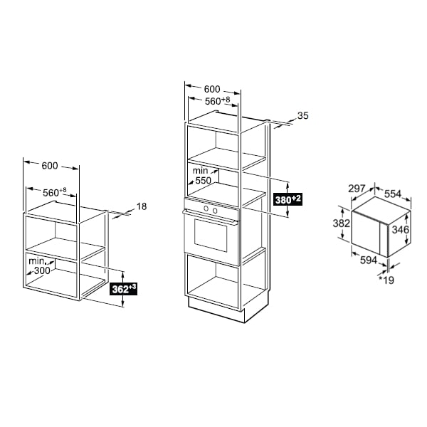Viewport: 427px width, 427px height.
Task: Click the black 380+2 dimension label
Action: point(288,199)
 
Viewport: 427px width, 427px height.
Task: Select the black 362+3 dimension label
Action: point(123,289)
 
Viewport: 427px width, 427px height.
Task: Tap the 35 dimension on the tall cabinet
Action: point(303,115)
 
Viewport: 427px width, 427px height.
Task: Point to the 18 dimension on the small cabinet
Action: point(142,206)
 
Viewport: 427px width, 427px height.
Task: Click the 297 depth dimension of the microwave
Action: point(357,188)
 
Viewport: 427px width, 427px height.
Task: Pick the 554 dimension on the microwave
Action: point(393,194)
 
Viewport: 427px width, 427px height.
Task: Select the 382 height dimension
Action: point(341,223)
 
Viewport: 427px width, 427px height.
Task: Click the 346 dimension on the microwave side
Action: point(400,230)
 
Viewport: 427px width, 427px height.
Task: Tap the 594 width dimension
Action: point(369,260)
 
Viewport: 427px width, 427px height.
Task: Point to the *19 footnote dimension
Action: point(386,280)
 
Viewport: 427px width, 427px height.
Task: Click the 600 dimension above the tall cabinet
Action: point(212,89)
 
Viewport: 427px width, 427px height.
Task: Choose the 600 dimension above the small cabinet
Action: point(50,166)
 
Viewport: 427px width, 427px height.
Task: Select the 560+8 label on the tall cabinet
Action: point(217,100)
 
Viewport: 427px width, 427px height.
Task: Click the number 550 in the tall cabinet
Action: point(203,180)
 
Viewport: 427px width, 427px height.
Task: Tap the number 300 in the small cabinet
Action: point(42,270)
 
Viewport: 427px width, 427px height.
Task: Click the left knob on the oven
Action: point(206,209)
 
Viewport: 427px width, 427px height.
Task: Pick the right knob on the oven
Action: point(215,211)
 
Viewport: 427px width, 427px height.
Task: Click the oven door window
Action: point(211,234)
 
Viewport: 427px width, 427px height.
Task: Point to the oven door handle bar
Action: point(211,217)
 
